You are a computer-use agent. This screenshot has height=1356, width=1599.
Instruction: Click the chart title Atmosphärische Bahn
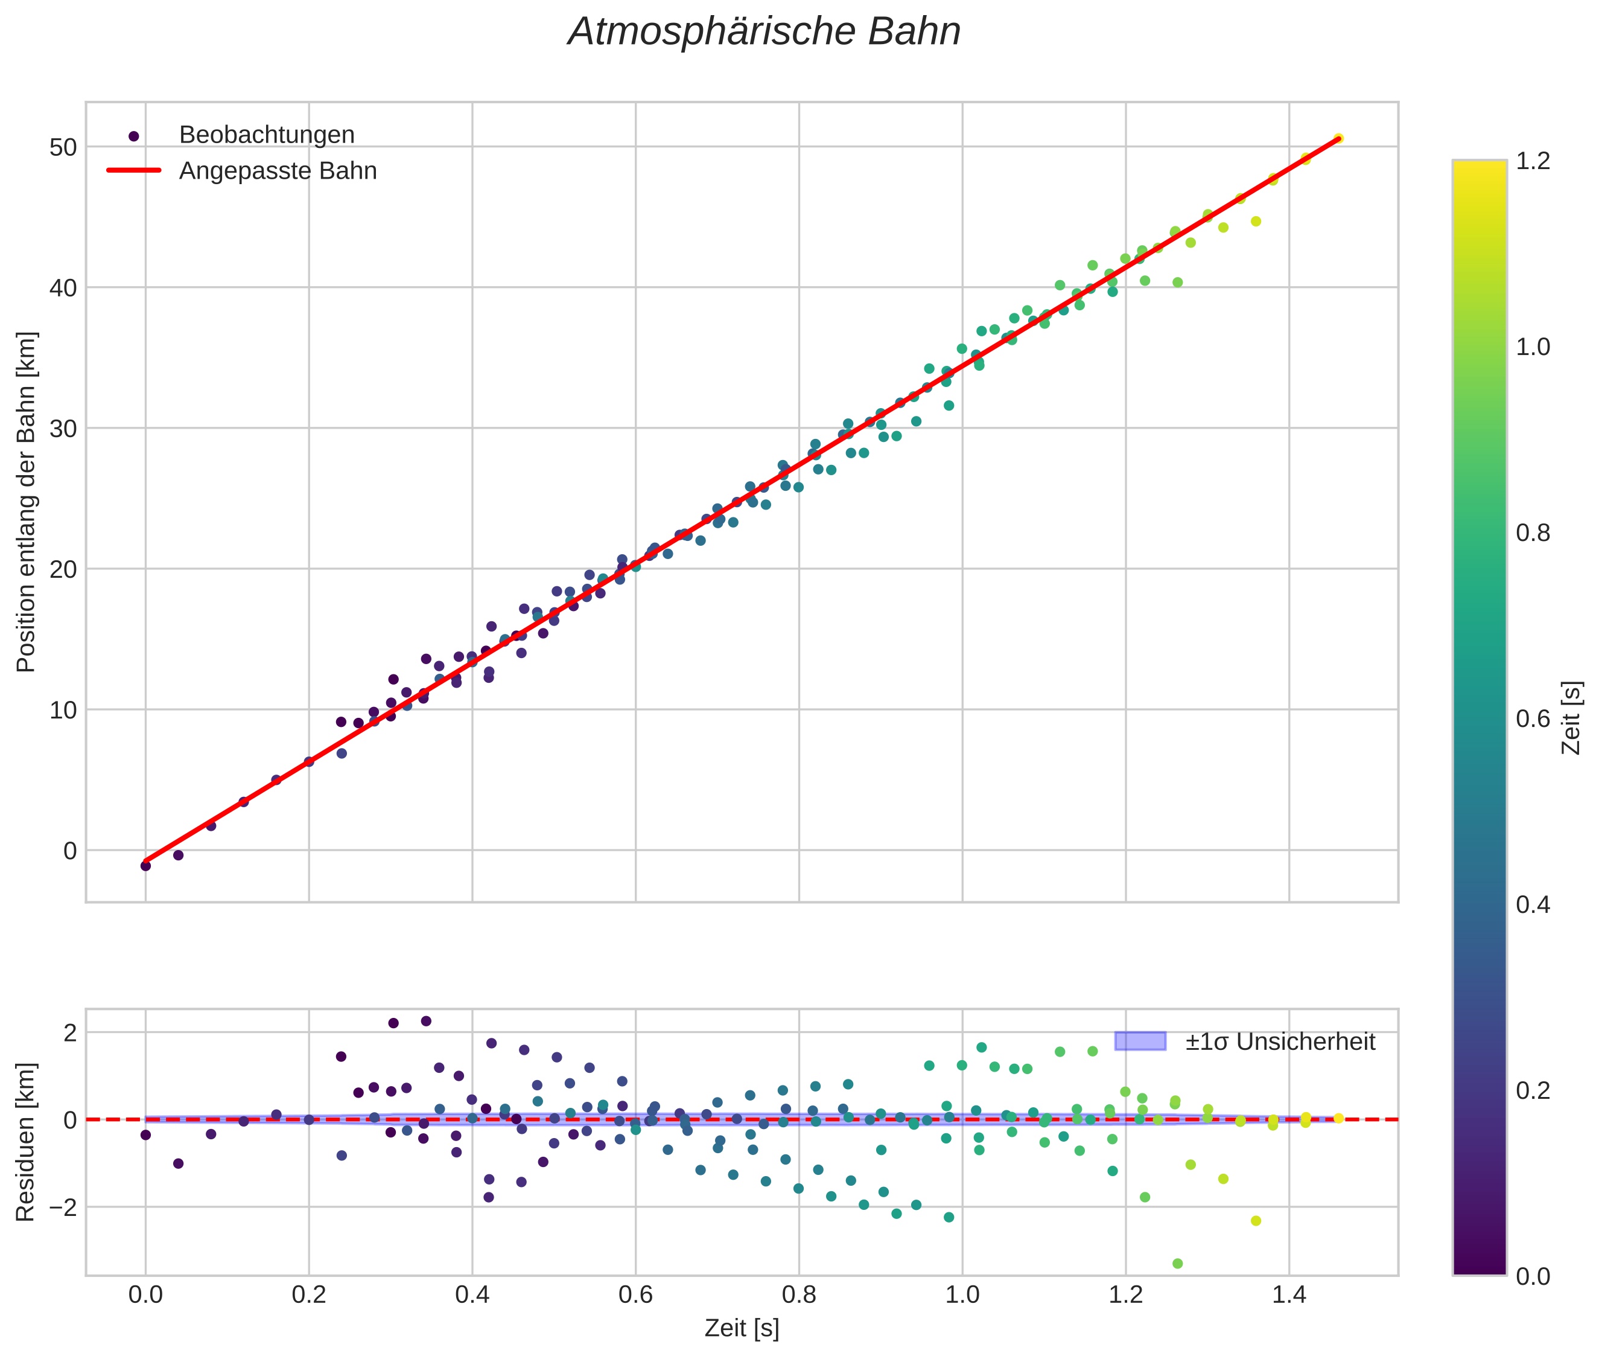[x=764, y=32]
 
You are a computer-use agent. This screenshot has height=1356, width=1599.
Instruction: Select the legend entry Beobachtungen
[x=266, y=135]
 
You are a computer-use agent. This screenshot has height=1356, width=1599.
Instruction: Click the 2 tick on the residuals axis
[x=70, y=1032]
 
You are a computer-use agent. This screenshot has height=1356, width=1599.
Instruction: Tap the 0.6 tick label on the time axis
[x=635, y=1295]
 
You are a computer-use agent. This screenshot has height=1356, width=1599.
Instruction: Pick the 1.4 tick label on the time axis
[x=1289, y=1295]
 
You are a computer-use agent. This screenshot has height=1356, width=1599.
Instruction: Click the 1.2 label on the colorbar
[x=1533, y=161]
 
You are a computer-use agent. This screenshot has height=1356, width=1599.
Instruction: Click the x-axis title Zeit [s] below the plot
[x=742, y=1328]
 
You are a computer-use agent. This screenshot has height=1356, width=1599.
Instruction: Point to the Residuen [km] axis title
[x=25, y=1142]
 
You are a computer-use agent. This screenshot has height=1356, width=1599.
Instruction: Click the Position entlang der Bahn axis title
[x=25, y=501]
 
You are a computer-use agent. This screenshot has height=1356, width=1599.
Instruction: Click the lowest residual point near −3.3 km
[x=1177, y=1263]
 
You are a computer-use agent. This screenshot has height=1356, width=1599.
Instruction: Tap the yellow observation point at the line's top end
[x=1338, y=138]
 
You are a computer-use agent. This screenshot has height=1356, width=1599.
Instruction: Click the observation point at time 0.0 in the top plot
[x=145, y=866]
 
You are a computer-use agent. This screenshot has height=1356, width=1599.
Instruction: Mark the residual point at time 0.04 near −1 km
[x=178, y=1163]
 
